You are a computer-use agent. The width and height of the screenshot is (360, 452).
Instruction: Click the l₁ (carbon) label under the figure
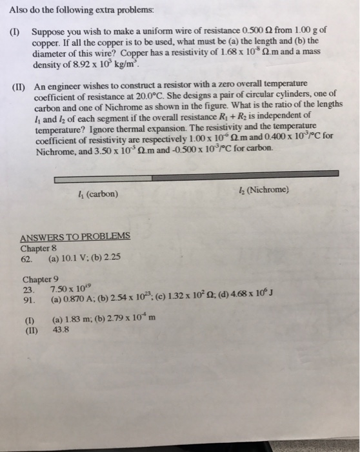tap(97, 193)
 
